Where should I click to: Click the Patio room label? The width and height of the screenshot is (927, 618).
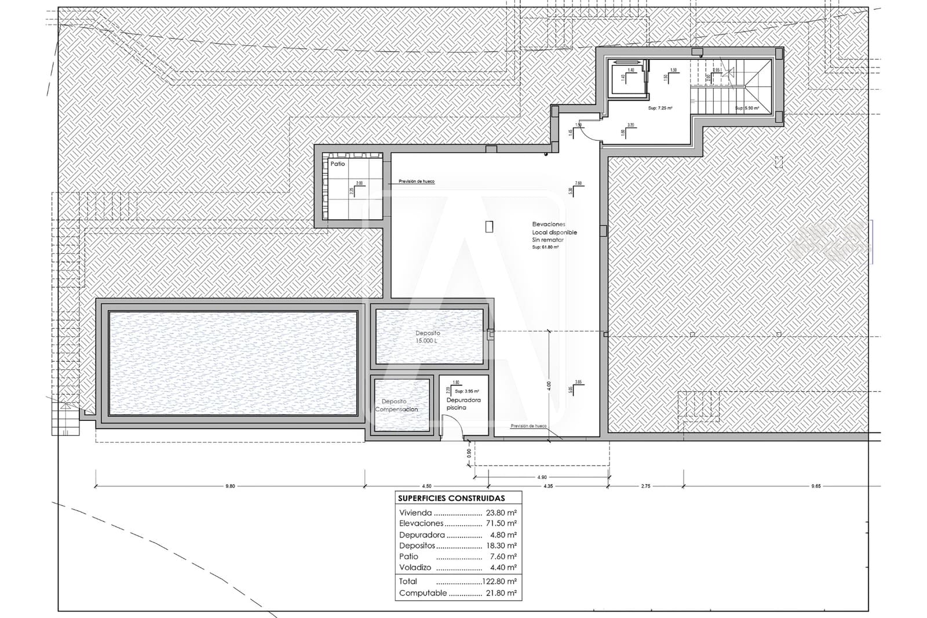[338, 164]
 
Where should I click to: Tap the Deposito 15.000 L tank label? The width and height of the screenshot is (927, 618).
[428, 337]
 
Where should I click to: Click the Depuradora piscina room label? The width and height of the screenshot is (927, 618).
[463, 403]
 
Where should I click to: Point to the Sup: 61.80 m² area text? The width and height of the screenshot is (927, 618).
[545, 248]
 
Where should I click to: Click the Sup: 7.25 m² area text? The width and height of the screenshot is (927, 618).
[659, 108]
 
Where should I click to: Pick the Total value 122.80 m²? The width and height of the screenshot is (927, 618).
[499, 581]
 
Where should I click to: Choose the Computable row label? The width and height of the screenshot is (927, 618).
[423, 593]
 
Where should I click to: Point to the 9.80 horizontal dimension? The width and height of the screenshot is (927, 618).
[230, 486]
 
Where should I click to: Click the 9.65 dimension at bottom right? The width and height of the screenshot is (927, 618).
[815, 486]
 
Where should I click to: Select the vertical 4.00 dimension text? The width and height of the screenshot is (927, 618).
[549, 385]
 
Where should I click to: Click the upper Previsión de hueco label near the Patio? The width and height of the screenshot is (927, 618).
[416, 181]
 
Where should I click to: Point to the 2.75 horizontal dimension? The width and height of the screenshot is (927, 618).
[645, 486]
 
